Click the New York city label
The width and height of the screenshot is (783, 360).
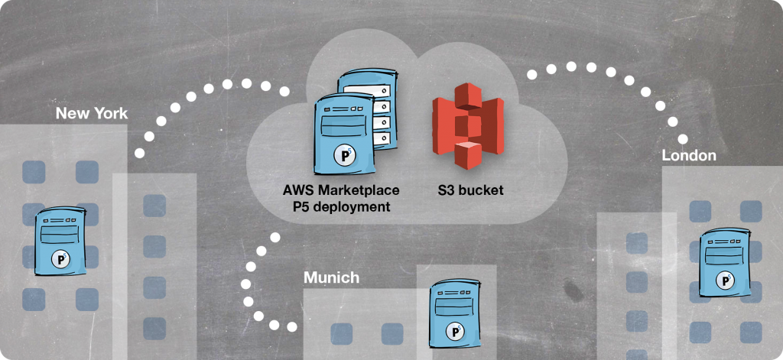click(x=92, y=114)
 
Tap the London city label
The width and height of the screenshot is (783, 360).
click(x=689, y=155)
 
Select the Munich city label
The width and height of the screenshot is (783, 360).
click(x=332, y=277)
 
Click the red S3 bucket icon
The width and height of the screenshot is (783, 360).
click(x=468, y=125)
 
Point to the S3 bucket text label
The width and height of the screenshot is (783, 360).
click(x=467, y=190)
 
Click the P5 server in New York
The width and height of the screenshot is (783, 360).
click(x=60, y=242)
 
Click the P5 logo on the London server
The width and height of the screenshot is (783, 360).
click(x=725, y=281)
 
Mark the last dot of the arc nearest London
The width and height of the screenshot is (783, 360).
click(x=683, y=139)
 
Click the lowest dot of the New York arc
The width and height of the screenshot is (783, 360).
click(x=140, y=154)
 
